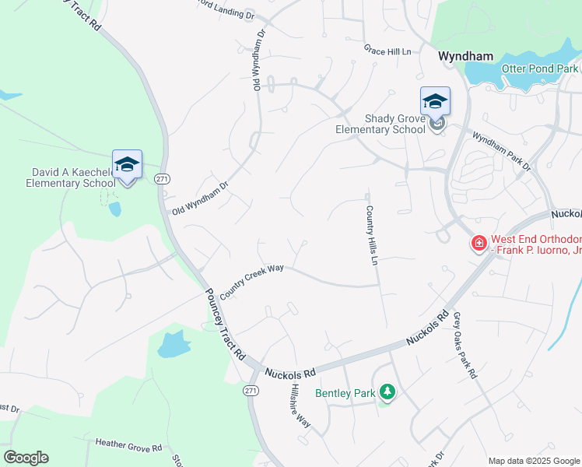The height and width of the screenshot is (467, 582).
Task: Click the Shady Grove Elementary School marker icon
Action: coord(436,102)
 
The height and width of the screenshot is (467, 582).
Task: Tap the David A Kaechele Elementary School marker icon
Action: coord(127,165)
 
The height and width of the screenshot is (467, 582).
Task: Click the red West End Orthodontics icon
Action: coord(479,244)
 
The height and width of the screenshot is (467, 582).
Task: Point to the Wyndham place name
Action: coord(465,56)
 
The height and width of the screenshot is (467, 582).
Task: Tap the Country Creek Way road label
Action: coord(251,280)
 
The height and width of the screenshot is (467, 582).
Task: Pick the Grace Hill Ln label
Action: coord(387,51)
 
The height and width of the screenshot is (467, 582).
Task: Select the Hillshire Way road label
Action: coord(300,405)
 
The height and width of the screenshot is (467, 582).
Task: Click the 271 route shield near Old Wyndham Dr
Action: coord(162,178)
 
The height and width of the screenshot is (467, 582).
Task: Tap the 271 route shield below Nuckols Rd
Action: coord(250,389)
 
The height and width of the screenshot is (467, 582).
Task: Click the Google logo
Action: coord(26,458)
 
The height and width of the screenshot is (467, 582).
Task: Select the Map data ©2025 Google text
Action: coord(533,460)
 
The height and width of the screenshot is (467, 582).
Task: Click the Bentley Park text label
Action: coord(345,393)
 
